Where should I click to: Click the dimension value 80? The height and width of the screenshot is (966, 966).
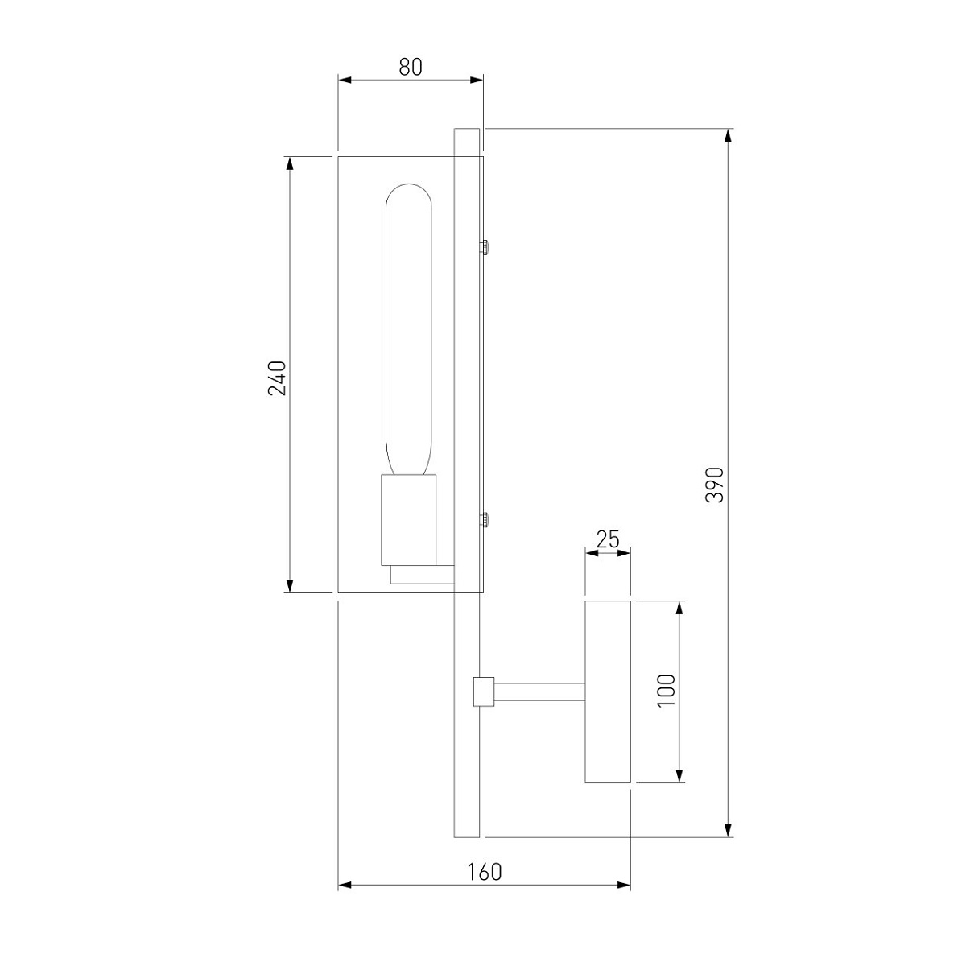pos(411,67)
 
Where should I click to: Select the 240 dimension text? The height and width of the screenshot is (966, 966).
pos(277,378)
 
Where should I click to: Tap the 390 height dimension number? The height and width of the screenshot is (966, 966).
pos(714,485)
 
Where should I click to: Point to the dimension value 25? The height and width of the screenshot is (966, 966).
pos(608,539)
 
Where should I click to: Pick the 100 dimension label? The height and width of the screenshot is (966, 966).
pos(666,690)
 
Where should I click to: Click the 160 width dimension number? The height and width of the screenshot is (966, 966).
pos(485,873)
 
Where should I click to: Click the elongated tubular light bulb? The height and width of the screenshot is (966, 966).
pos(408,329)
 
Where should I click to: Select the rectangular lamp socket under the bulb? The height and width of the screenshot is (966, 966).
pos(409,520)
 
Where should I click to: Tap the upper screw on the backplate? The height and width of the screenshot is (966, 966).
pos(485,247)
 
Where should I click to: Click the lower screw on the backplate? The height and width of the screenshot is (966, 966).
pos(485,520)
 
